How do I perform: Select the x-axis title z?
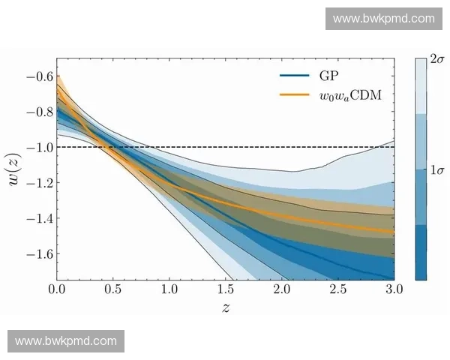click(225, 308)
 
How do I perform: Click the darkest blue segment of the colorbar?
click(421, 251)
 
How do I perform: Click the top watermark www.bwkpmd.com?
click(383, 19)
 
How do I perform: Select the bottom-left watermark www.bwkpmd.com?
click(66, 341)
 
